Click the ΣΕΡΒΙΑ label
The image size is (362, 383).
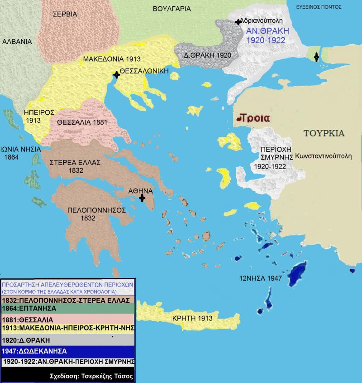tap(65, 14)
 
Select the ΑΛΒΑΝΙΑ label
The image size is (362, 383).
tap(17, 41)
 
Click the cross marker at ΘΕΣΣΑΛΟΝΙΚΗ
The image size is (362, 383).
tap(117, 75)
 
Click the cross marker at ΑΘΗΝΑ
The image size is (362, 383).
tap(142, 198)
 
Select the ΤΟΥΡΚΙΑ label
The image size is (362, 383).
tap(324, 133)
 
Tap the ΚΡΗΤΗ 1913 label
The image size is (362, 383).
tap(192, 318)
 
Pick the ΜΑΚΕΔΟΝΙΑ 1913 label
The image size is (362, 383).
tap(112, 59)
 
